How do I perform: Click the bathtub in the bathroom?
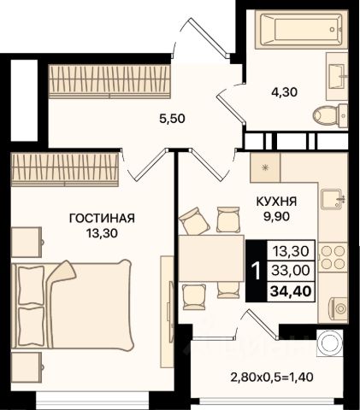(302, 30)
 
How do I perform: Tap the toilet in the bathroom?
(330, 115)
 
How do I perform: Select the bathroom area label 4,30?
(284, 92)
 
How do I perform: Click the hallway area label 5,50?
(172, 119)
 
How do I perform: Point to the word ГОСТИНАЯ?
(102, 219)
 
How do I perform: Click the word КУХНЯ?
(277, 202)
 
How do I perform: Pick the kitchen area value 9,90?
(276, 217)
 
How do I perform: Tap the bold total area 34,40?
(291, 291)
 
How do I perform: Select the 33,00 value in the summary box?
(291, 270)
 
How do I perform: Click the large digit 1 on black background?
(257, 271)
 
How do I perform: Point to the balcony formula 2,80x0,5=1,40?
(272, 378)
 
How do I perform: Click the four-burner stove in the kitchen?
(333, 258)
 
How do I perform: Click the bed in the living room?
(73, 304)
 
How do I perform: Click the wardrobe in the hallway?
(109, 81)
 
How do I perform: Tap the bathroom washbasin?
(337, 74)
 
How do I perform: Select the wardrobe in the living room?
(65, 170)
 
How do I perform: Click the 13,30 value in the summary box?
(291, 251)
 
